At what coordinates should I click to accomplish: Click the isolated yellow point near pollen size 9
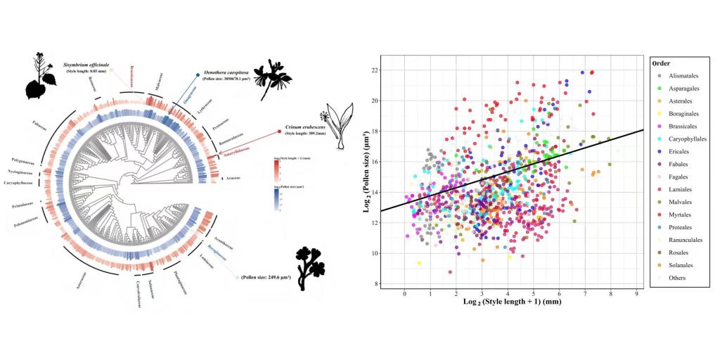point(419,263)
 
